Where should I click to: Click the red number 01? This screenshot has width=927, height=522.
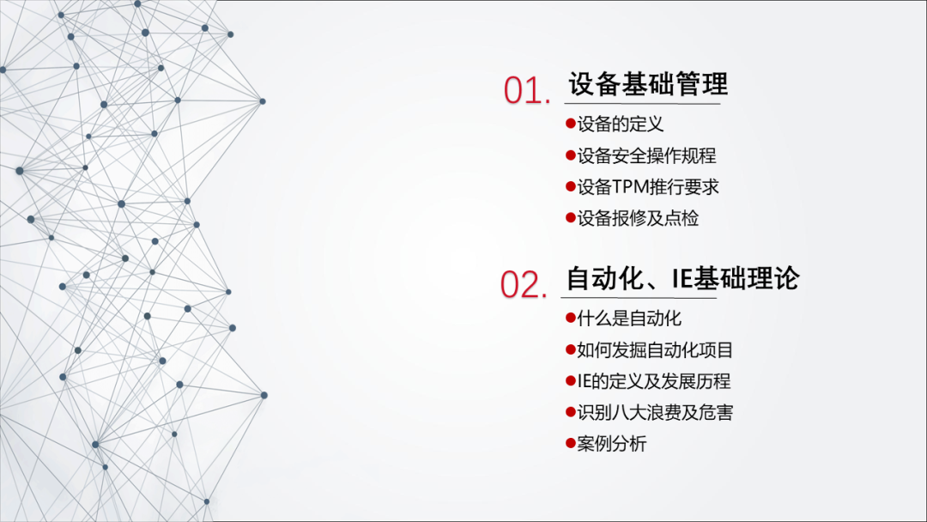tap(527, 91)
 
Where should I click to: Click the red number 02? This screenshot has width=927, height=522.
tap(524, 284)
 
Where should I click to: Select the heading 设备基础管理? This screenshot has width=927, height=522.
tap(648, 84)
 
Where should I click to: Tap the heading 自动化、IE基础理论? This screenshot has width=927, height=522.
tap(683, 278)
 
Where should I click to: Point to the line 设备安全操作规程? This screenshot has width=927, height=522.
tap(646, 155)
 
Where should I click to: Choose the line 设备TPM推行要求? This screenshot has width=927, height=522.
tap(648, 187)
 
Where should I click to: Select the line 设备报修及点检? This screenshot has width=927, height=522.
tap(638, 218)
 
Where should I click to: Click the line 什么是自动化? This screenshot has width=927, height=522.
tap(629, 319)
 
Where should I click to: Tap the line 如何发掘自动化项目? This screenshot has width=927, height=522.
tap(655, 350)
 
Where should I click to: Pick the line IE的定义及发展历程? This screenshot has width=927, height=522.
tap(654, 381)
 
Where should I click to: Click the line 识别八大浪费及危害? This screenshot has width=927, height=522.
tap(655, 413)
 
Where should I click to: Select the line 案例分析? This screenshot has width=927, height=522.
tap(612, 444)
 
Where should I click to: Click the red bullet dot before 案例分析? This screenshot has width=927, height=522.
tap(571, 443)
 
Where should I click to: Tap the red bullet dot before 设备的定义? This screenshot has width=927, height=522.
tap(571, 123)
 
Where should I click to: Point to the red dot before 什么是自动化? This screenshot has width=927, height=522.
tap(571, 318)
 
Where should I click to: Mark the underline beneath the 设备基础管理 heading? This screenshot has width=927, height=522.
tap(642, 103)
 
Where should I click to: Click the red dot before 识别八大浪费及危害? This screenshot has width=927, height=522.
tap(571, 411)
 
